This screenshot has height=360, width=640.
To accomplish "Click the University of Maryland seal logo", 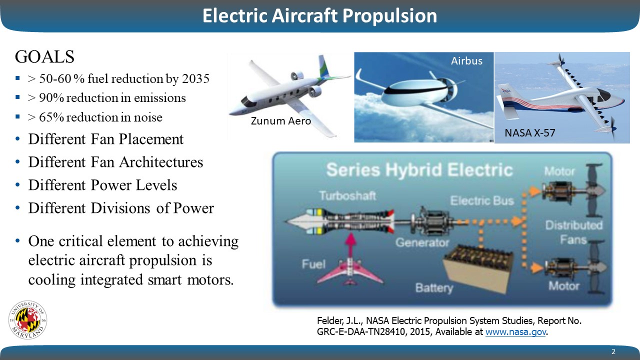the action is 27,319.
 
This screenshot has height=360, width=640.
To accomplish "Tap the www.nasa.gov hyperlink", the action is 515,332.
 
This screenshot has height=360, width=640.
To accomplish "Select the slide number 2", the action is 613,351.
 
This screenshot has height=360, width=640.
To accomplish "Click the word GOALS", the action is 44,56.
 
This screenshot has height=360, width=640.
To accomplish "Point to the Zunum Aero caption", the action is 281,121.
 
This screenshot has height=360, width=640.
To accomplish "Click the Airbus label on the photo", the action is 466,61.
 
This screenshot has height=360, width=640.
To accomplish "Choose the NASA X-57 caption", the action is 529,133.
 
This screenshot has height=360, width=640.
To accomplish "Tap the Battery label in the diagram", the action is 434,288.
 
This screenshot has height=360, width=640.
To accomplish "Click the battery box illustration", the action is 477,268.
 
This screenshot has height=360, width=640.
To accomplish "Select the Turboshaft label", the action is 347,195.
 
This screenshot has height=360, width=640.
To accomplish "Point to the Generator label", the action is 422,242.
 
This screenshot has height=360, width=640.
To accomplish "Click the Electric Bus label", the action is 482,200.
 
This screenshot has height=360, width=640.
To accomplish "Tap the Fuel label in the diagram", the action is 313,264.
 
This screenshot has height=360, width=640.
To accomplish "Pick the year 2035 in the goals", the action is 195,78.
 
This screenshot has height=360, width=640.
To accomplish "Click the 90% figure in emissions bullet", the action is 51,97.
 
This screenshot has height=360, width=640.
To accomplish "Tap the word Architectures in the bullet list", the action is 161,162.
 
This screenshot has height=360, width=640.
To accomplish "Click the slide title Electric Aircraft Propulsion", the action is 319,15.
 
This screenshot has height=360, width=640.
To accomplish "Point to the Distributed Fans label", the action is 573,232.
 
